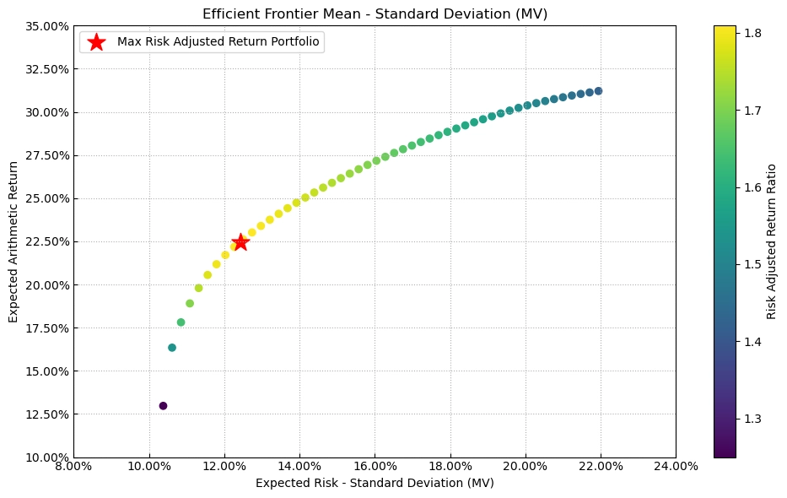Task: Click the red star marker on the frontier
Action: pos(240,242)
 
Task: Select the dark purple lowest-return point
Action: pos(163,406)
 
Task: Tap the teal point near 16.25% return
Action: pos(172,348)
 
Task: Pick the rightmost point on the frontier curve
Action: pos(598,91)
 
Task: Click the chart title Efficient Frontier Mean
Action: pos(375,14)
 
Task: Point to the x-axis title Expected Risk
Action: pos(375,483)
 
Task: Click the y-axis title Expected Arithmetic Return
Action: pos(13,241)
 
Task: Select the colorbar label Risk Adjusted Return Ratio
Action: pos(771,241)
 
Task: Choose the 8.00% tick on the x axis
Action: pos(73,465)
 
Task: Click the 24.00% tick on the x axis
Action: pos(676,465)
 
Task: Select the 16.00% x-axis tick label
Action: pos(375,465)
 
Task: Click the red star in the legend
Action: pos(97,42)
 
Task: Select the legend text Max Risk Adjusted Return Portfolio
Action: pos(218,42)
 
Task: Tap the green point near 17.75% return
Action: pos(181,322)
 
